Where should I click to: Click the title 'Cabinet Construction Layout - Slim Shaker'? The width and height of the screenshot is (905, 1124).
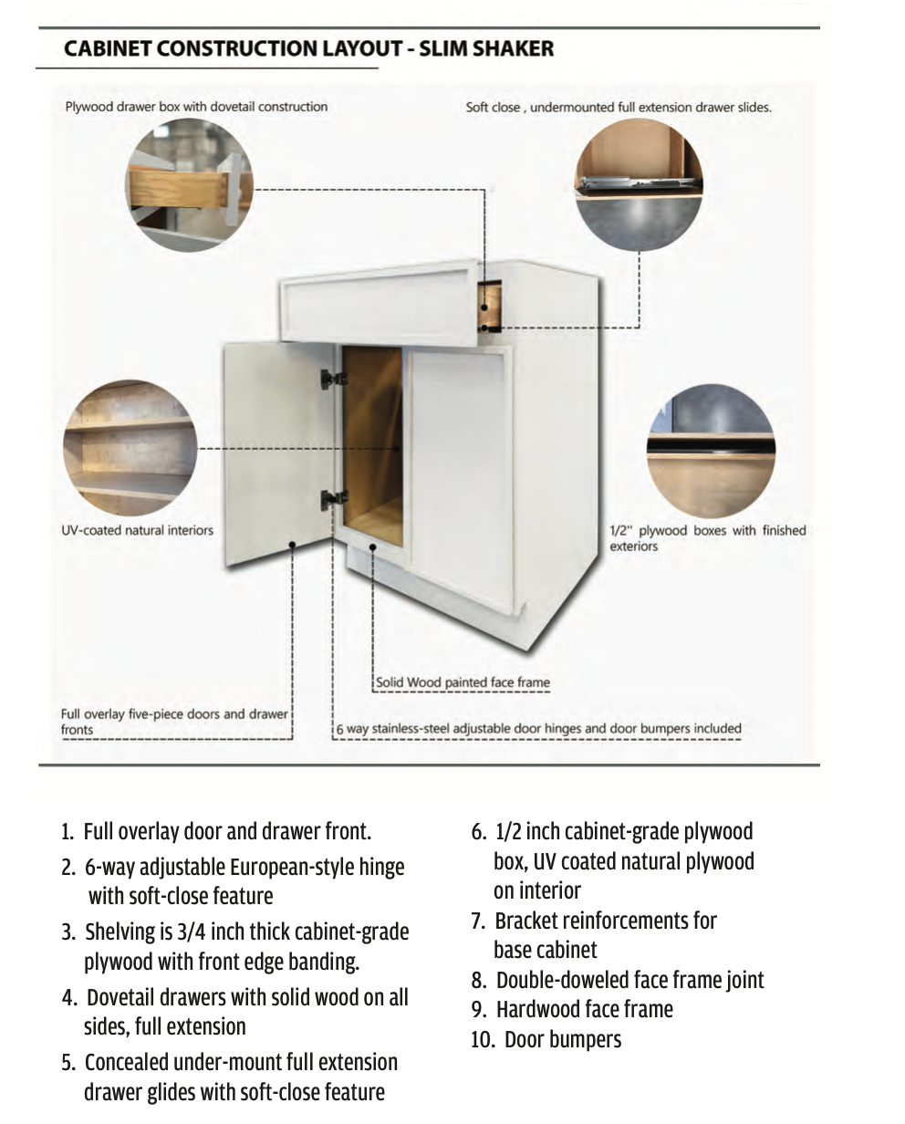coord(308,48)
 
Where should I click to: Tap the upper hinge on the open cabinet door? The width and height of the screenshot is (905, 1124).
coord(332,378)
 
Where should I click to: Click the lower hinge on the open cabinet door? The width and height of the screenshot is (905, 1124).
coord(334,498)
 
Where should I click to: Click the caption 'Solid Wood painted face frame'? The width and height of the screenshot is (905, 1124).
coord(463,682)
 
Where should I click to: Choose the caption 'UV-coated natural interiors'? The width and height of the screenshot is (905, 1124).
coord(137,530)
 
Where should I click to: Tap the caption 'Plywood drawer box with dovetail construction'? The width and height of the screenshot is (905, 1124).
coord(196,107)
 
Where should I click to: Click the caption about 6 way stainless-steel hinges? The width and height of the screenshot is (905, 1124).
coord(538,729)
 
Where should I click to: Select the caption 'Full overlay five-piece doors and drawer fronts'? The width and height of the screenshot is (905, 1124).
coord(173,721)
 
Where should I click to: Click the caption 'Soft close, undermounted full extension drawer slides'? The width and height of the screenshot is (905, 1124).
coord(619,107)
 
